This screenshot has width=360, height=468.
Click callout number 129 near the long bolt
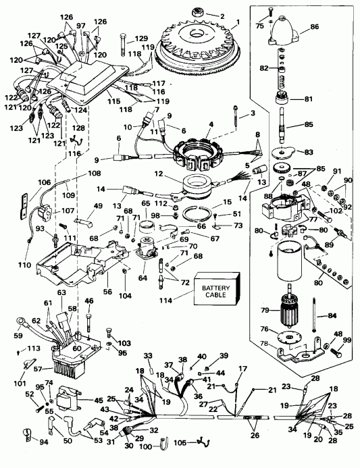[x=141, y=38]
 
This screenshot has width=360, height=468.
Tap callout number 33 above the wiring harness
[x=148, y=356]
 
